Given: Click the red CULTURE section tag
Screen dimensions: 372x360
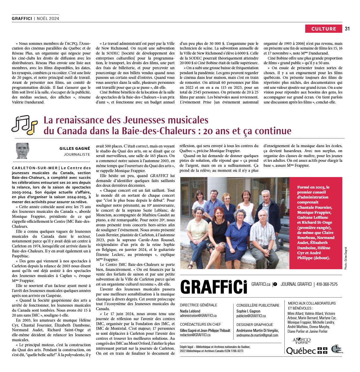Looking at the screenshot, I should click(x=324, y=29).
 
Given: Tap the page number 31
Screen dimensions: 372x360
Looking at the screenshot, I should click(x=347, y=29).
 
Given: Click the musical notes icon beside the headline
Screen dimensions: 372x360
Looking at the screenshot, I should click(x=25, y=125).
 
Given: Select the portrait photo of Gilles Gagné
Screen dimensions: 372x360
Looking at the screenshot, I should click(x=22, y=151).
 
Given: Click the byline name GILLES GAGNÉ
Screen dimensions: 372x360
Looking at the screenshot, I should click(x=74, y=149).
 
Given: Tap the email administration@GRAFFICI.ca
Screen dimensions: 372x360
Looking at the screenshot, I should click(x=198, y=316).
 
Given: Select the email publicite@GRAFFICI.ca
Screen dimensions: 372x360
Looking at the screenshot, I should click(x=251, y=316).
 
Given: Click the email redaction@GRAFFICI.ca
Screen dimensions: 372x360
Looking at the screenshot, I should click(x=195, y=335).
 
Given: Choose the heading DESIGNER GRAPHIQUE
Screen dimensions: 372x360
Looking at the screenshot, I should click(x=254, y=325).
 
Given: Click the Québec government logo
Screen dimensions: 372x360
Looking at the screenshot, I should click(x=306, y=351).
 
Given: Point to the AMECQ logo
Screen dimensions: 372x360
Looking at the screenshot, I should click(x=301, y=340).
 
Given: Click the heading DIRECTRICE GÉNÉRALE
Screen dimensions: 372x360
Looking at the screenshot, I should click(x=198, y=305).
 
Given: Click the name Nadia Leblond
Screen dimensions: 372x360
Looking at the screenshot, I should click(x=190, y=311).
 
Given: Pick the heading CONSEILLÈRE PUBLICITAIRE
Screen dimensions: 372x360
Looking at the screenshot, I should click(x=258, y=305).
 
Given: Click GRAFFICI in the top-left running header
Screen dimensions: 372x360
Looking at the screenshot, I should click(x=22, y=18).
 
